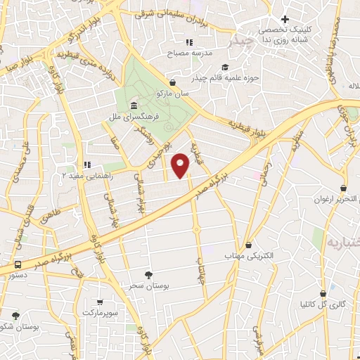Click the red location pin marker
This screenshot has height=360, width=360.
181,165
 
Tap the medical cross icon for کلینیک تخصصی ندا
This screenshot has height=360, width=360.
285,20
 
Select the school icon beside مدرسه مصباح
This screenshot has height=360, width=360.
189,41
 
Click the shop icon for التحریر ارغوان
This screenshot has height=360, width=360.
343,188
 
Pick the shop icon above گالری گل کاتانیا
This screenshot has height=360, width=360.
323,293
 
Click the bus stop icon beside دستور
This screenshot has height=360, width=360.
17,267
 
